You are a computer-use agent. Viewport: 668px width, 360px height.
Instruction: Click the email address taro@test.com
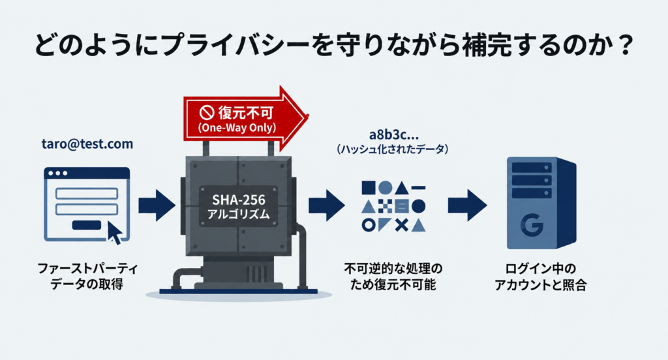[87, 144]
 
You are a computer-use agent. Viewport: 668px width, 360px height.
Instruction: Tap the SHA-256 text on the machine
[239, 200]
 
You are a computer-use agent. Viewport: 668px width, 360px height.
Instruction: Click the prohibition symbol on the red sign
[206, 112]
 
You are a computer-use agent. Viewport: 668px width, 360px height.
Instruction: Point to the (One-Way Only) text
[237, 128]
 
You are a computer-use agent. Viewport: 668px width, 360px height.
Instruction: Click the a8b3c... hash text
[393, 134]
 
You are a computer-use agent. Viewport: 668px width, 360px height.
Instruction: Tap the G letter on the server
[532, 224]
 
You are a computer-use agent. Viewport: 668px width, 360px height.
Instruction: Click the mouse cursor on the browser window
[114, 232]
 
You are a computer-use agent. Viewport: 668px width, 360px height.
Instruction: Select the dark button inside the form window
[87, 224]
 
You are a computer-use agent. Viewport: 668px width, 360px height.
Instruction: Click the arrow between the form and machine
[157, 205]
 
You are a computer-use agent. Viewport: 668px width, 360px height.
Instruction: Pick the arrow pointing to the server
[467, 205]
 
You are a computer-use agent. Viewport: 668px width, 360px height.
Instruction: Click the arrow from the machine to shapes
[327, 205]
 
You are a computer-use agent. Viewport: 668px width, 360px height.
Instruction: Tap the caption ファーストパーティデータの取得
[87, 276]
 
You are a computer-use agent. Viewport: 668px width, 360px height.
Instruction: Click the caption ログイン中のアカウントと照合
[540, 277]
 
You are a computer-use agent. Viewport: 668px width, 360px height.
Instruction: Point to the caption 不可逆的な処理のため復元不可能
[393, 276]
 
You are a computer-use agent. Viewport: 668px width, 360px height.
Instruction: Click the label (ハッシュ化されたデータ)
[392, 149]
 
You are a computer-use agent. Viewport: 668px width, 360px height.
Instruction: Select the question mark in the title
[626, 46]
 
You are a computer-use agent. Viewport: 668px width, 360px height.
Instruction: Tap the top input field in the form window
[87, 194]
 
